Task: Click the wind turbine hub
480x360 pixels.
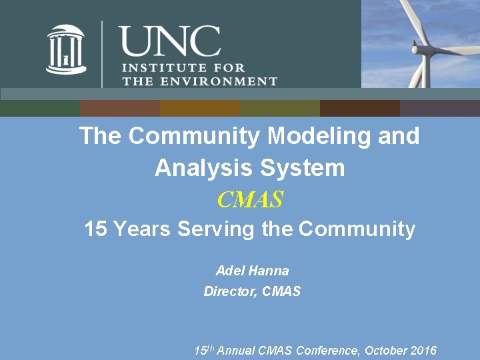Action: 419,49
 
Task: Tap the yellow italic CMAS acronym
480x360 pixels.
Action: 250,199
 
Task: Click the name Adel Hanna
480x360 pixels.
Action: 252,271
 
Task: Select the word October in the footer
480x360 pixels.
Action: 383,350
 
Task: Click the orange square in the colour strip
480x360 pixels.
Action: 199,108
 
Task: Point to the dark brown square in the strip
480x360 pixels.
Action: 359,108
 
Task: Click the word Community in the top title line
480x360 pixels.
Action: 193,136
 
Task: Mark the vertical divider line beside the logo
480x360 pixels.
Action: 102,53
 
